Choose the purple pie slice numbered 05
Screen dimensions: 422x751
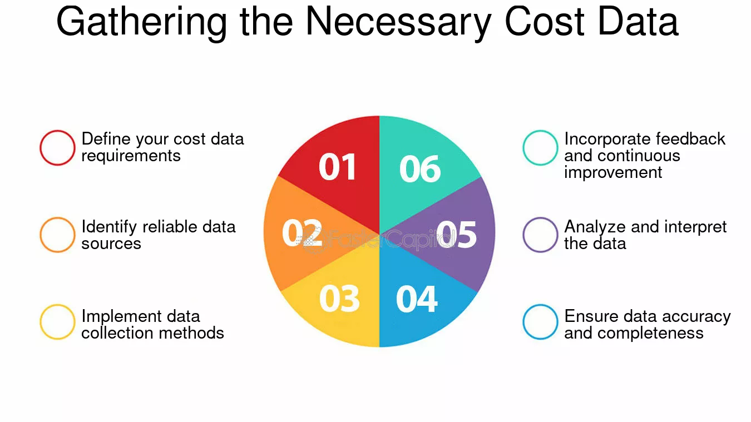[456, 234]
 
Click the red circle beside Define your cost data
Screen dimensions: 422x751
[57, 148]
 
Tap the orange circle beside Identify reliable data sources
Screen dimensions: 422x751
[57, 235]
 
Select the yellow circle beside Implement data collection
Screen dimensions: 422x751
[57, 322]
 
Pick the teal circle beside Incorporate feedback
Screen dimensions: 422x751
[540, 148]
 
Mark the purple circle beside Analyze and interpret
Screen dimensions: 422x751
[540, 235]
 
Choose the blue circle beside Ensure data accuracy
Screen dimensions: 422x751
[540, 322]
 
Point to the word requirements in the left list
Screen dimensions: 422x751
[131, 156]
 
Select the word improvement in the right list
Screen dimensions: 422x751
[613, 172]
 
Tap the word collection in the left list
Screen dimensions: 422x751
[117, 333]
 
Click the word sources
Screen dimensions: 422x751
[111, 244]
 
